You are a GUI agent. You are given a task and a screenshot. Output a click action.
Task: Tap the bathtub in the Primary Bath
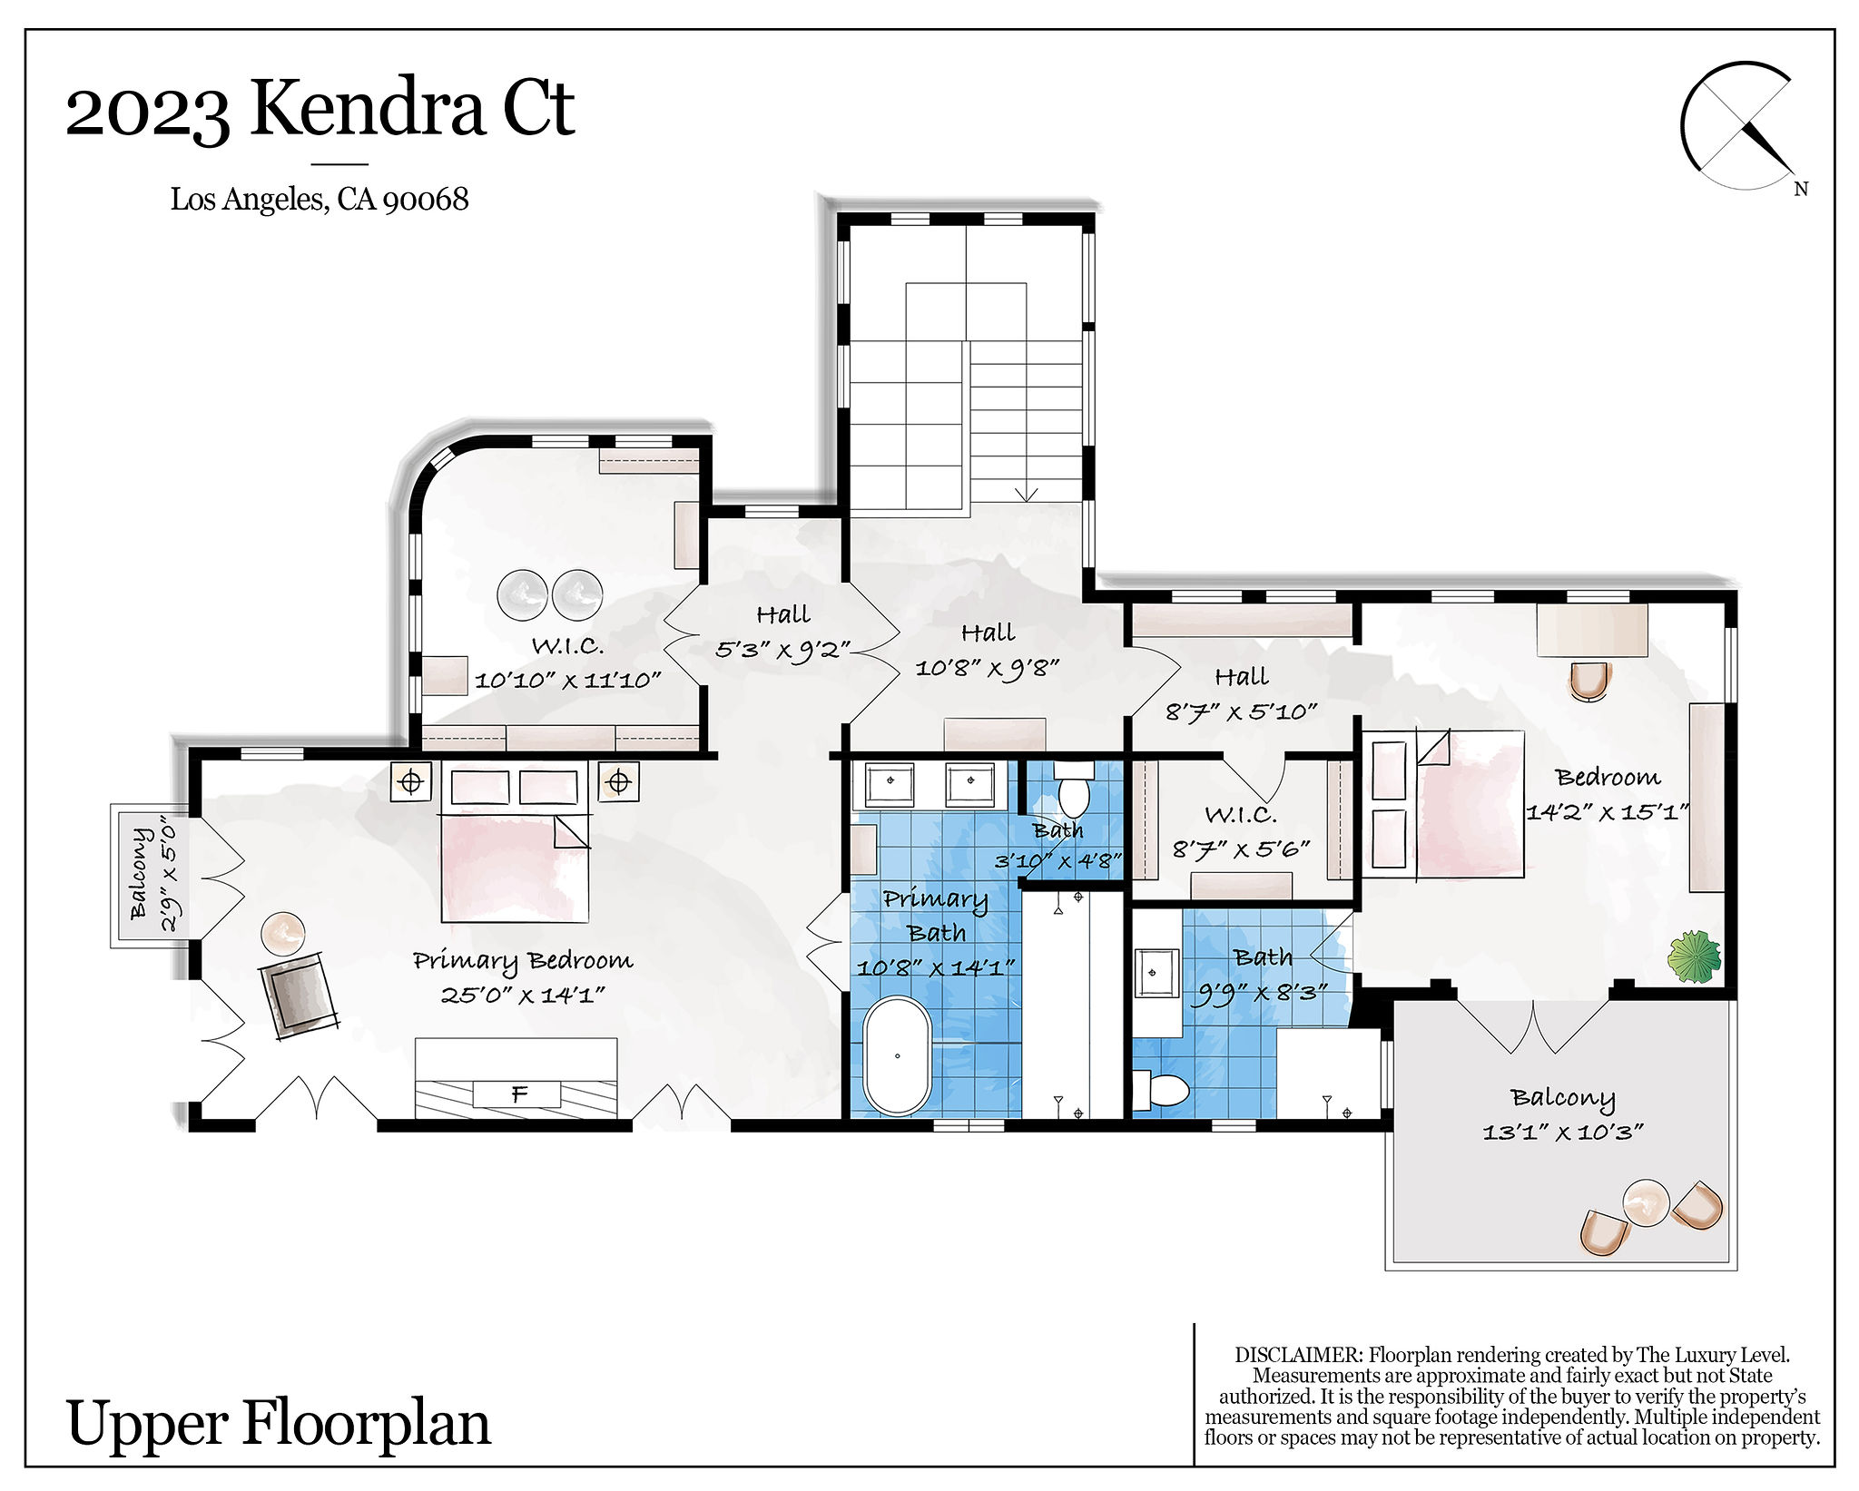897,1055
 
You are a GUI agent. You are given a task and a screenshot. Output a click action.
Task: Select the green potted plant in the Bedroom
1694,956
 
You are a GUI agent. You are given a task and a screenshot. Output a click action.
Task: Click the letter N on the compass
1801,189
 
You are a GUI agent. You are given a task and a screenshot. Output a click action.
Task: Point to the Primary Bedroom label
523,961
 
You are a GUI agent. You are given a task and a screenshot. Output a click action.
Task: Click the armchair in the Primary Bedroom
298,995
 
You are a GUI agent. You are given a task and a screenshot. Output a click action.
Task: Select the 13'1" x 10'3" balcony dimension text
1562,1132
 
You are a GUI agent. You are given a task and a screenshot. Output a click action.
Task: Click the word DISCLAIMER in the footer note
1298,1355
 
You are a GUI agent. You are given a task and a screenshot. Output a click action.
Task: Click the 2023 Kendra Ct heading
320,109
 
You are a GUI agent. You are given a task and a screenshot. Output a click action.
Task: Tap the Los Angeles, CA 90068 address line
320,199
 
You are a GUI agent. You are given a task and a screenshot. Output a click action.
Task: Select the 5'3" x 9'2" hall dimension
782,650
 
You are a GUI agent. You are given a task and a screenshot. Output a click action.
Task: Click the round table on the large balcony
1645,1203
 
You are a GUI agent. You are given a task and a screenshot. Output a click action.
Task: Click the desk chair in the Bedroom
1589,681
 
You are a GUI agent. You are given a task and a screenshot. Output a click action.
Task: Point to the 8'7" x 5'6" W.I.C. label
1241,832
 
